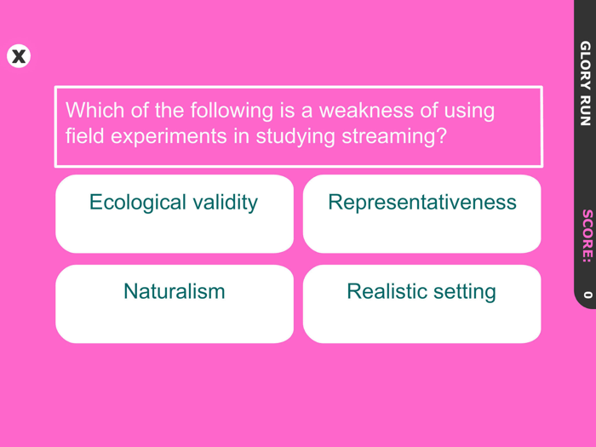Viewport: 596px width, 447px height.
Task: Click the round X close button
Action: point(19,56)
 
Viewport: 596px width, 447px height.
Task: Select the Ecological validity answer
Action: point(174,214)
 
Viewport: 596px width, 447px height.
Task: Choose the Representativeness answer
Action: point(421,214)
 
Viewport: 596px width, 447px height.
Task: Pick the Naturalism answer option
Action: point(174,303)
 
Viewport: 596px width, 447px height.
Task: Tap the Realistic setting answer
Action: point(421,303)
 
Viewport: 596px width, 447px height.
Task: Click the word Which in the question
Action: point(93,111)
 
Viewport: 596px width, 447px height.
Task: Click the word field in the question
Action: point(83,136)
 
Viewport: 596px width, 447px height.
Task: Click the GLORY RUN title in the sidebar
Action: point(585,83)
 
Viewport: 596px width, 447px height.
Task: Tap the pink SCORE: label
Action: point(586,235)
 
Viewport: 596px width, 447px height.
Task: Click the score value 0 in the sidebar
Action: point(586,295)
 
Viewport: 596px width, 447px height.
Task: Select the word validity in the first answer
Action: point(225,203)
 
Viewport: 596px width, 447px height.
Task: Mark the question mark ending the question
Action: point(441,136)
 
